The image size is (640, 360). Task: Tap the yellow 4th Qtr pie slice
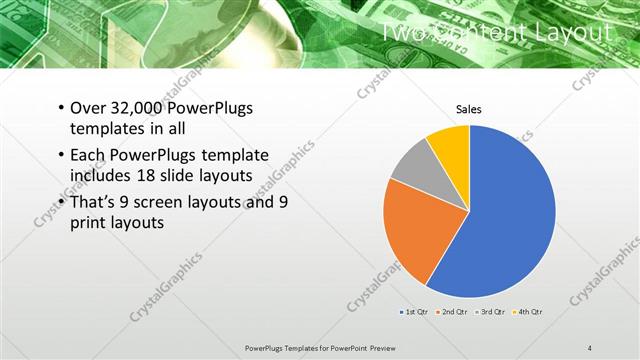tap(450, 145)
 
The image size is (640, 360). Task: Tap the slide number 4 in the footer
tap(589, 347)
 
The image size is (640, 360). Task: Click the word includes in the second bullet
tap(99, 177)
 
